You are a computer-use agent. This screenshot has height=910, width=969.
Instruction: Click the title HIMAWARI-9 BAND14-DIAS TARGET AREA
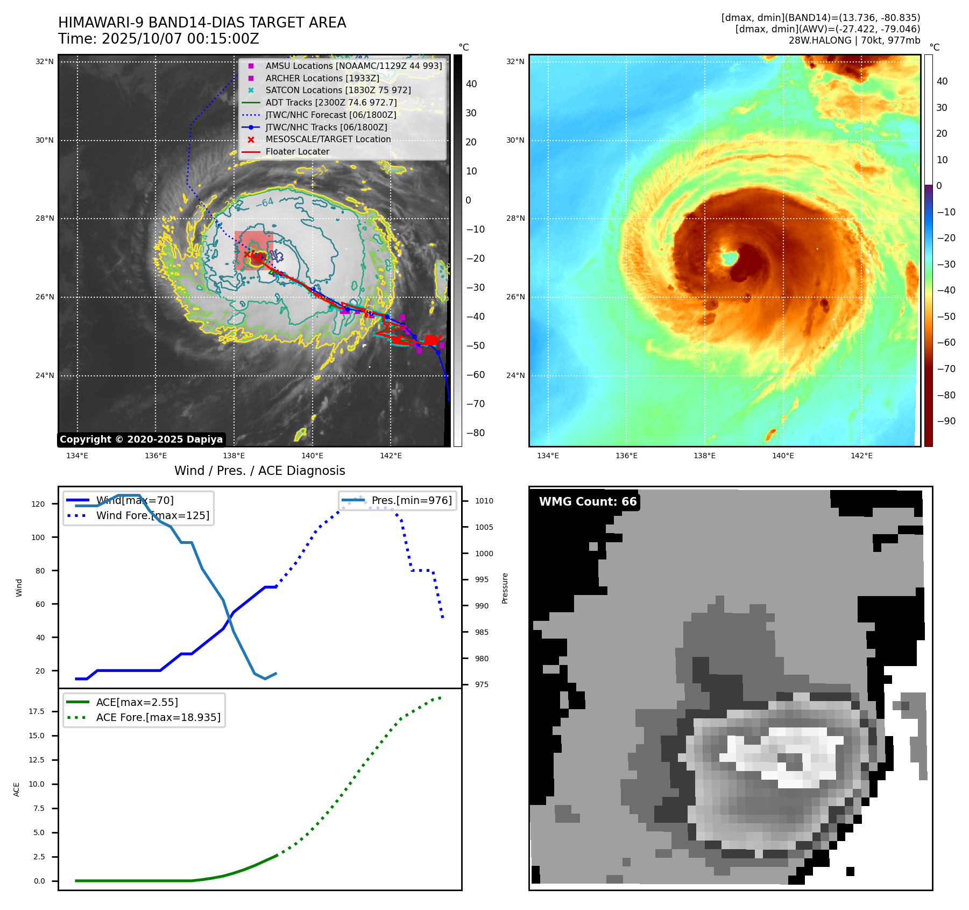click(202, 23)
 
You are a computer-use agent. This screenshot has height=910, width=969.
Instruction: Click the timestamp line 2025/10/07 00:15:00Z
click(159, 39)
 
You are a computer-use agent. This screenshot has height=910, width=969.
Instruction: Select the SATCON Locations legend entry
click(337, 90)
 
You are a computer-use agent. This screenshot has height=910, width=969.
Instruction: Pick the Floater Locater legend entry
click(297, 152)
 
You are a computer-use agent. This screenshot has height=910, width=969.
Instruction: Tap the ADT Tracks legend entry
click(331, 102)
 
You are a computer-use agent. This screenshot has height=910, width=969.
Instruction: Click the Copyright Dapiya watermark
click(141, 439)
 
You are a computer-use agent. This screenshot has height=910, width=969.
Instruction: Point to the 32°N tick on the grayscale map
click(45, 61)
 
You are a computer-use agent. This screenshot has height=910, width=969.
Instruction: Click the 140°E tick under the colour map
click(783, 456)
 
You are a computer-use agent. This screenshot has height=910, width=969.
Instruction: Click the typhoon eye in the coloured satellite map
click(729, 258)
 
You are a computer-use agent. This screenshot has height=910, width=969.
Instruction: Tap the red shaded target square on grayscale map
click(254, 250)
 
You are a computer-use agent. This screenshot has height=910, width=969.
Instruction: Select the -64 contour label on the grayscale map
click(264, 203)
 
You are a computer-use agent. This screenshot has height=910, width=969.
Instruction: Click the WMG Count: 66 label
click(588, 502)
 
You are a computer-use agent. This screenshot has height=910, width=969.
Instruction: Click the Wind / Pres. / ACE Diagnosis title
click(259, 471)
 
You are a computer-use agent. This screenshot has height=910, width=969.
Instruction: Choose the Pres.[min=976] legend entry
click(412, 500)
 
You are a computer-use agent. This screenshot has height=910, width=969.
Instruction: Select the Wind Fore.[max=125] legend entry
click(152, 515)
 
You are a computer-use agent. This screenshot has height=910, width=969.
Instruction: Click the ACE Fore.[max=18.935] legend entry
click(158, 717)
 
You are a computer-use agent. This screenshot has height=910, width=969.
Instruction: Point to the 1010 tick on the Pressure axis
click(484, 501)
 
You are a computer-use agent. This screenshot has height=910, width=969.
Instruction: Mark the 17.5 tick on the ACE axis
click(37, 711)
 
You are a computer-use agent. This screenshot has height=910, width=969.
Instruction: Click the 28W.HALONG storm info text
click(854, 40)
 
